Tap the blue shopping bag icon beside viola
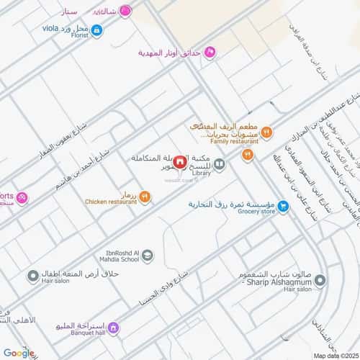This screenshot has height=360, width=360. (x=96, y=30)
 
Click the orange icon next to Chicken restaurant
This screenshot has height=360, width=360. (x=145, y=195)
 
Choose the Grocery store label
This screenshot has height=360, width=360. (x=257, y=211)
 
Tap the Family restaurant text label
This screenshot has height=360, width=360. (x=222, y=143)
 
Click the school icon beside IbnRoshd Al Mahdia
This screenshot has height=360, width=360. (x=146, y=254)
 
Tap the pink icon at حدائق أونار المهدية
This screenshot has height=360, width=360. (x=210, y=52)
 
